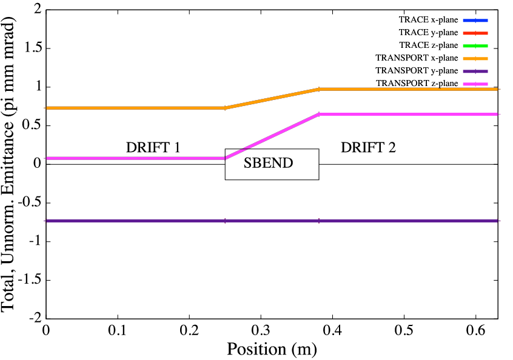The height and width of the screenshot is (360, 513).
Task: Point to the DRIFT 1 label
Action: [153, 147]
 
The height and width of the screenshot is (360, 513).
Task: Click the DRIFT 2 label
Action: [368, 147]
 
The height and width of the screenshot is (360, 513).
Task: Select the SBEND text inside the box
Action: [268, 164]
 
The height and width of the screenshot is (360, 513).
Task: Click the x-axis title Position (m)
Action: [272, 349]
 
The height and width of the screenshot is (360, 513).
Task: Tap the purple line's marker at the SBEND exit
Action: [319, 221]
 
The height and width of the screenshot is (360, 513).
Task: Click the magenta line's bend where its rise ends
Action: [319, 114]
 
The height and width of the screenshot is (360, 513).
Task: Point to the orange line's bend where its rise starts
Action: [225, 108]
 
